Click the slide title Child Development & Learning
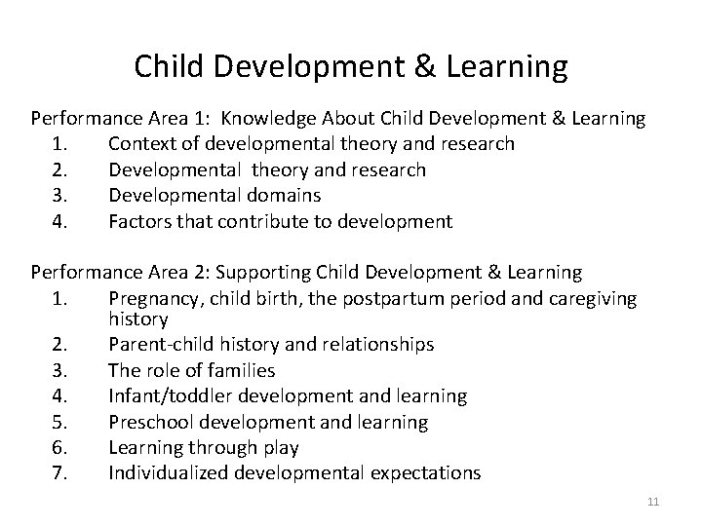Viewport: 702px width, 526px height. point(350,66)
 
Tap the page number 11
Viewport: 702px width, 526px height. point(653,502)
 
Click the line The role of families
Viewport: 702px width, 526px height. point(191,370)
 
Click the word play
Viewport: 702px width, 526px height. point(280,448)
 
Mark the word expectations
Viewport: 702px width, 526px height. point(425,473)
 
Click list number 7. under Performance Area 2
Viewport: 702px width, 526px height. point(58,473)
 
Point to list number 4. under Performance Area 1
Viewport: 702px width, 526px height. point(58,221)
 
